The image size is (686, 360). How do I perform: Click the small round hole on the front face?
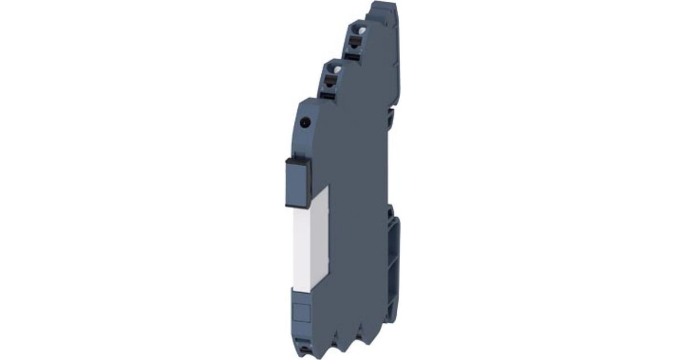pyautogui.click(x=304, y=122)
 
